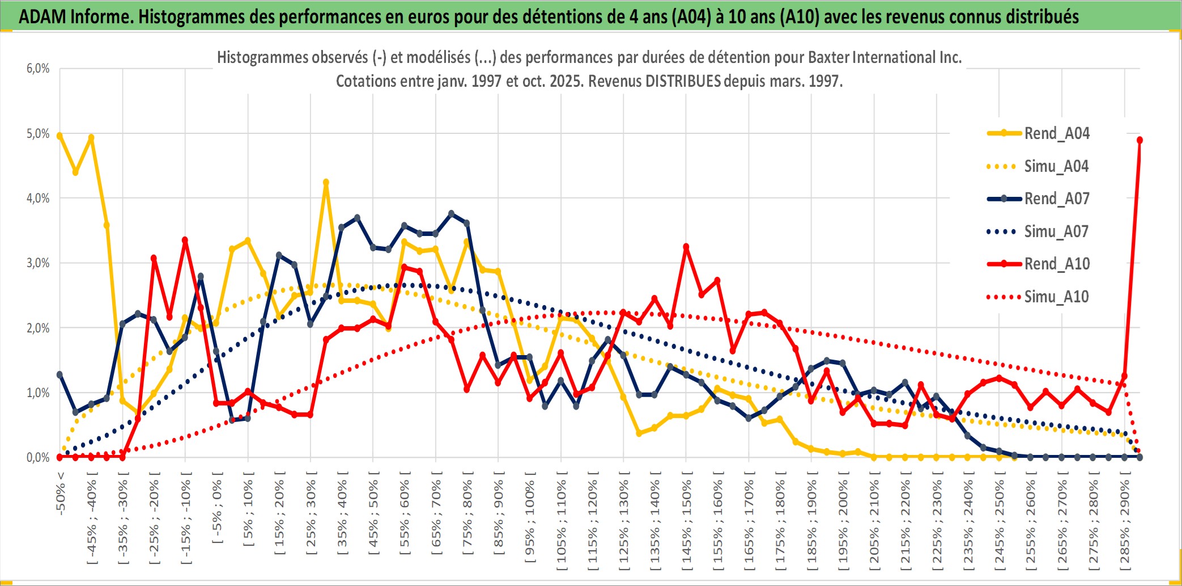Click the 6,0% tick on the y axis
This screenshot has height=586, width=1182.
coord(38,69)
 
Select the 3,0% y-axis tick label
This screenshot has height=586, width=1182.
coord(38,263)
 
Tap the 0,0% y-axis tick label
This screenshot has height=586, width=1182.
coord(38,457)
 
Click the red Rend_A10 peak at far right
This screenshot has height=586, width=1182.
coord(1140,140)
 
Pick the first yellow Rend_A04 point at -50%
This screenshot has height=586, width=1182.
coord(59,136)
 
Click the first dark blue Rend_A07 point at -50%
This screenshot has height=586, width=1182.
coord(59,374)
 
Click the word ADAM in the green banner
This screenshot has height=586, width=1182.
coord(42,17)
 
